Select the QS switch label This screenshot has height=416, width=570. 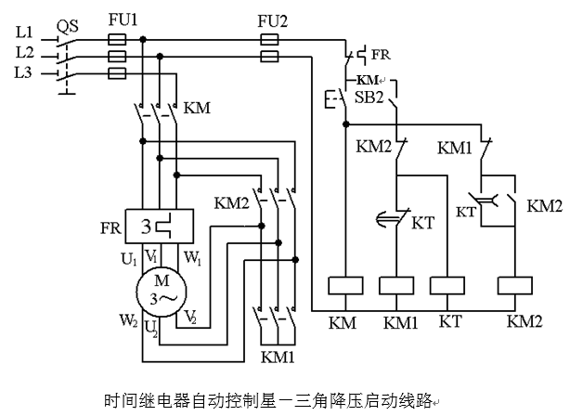[67, 27]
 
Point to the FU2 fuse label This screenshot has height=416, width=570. [269, 18]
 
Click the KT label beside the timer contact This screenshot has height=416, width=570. [422, 224]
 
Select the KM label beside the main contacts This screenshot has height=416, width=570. [198, 108]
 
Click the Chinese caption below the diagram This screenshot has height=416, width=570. [284, 401]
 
